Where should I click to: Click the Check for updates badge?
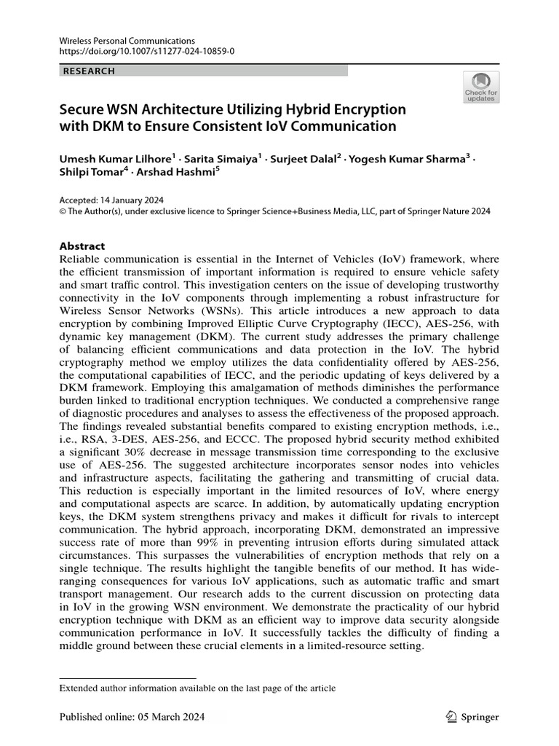tap(481, 87)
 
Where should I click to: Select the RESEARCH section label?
tap(90, 71)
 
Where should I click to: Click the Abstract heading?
tap(82, 246)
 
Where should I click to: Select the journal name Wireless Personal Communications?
tap(127, 41)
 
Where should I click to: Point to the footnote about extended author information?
tap(197, 688)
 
